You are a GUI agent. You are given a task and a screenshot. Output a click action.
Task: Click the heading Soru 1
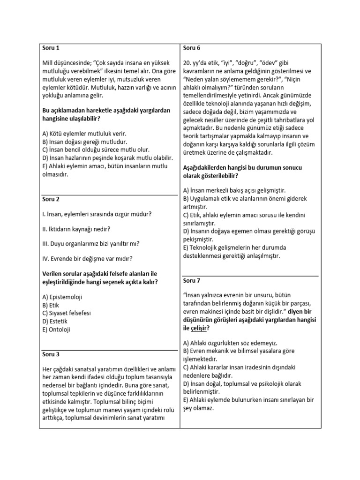point(51,48)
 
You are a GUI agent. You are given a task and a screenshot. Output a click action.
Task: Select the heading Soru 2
point(51,199)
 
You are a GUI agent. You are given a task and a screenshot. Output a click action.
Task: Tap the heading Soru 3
point(51,354)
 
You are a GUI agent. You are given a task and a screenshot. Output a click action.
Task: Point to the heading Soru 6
point(192,48)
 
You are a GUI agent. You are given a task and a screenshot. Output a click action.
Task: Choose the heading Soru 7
point(192,281)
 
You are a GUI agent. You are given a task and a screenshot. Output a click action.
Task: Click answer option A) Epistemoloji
point(64,297)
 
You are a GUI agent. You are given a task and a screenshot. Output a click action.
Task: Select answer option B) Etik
point(52,305)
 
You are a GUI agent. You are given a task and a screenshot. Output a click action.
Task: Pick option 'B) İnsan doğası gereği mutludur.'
point(85,142)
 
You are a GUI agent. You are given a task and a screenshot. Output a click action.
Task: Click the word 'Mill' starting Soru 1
point(47,62)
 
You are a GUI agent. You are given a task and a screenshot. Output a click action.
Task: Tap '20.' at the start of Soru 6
point(188,62)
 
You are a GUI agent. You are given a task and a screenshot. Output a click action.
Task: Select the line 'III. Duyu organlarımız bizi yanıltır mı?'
point(90,243)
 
